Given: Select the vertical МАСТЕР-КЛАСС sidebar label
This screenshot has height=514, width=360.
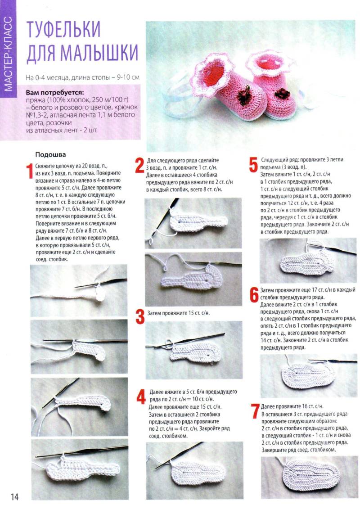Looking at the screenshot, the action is (8, 54).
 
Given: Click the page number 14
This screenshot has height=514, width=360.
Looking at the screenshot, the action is (14, 496).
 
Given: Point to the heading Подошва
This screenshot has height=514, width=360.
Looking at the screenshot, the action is (50, 154).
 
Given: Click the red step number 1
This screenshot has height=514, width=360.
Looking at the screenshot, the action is (30, 171).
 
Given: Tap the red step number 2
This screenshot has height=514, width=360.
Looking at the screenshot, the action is (140, 166).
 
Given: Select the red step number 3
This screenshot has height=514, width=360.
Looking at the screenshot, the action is (140, 317).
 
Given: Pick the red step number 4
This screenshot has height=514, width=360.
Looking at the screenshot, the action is (141, 397).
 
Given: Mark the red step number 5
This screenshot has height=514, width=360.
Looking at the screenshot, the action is (253, 165).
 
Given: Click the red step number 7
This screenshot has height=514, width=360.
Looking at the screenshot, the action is (256, 411).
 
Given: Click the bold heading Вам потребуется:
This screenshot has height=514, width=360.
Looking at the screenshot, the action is (55, 92).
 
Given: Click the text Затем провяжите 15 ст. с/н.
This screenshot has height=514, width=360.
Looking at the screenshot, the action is (178, 313).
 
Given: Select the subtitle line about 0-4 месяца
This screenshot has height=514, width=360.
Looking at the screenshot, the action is (82, 78).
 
